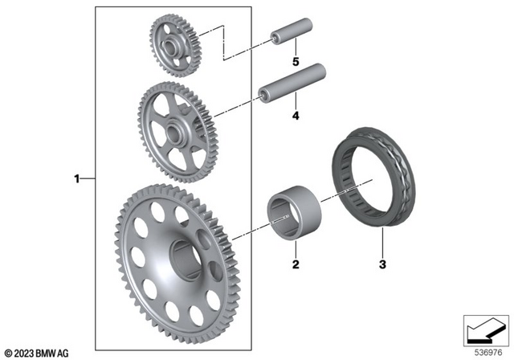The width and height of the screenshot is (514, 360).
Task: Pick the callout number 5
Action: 295,62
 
